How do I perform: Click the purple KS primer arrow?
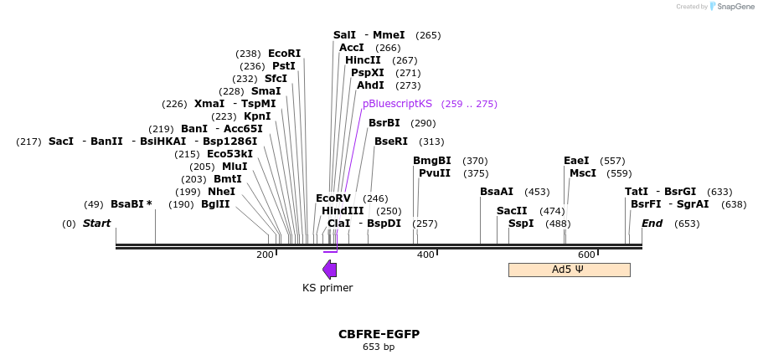pos(330,269)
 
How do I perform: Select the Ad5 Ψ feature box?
pos(569,270)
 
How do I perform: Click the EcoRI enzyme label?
pos(284,54)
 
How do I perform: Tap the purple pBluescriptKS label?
pos(397,104)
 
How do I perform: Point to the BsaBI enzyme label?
pos(131,204)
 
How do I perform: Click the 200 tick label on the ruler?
pos(265,255)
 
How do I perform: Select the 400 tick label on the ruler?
pos(425,255)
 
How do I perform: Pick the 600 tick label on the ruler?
pos(586,255)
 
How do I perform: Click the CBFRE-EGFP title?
pos(379,334)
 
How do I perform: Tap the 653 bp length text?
pos(379,347)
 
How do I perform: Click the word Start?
pos(96,224)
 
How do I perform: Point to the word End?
pos(652,224)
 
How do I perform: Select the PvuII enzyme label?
pos(435,173)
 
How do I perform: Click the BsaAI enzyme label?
pos(497,192)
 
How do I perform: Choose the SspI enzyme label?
pos(521,224)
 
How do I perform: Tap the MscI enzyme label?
pos(583,173)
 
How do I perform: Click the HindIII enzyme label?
pos(343,211)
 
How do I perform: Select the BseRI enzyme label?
pos(391,141)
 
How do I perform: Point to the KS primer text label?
pos(327,288)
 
